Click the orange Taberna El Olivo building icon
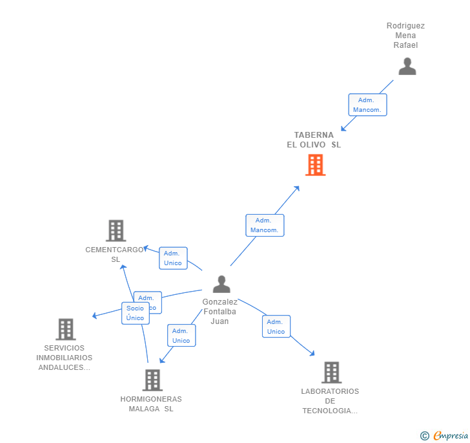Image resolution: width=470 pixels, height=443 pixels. tap(315, 165)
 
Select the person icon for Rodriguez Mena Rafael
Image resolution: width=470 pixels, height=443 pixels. tap(407, 67)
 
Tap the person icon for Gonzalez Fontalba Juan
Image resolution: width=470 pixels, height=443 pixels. tap(221, 285)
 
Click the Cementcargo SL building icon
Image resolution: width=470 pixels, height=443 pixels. tap(116, 230)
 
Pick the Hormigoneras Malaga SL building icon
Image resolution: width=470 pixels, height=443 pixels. tap(152, 380)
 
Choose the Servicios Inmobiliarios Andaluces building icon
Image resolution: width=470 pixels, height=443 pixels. tap(65, 329)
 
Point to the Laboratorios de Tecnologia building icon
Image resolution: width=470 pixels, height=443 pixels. tap(331, 373)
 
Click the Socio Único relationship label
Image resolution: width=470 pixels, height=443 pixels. tap(136, 313)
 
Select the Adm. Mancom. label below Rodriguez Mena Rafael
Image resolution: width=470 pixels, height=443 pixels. tap(367, 105)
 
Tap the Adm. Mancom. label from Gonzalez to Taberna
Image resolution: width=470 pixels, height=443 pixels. tap(264, 225)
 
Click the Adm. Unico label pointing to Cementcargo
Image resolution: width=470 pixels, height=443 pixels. tap(173, 258)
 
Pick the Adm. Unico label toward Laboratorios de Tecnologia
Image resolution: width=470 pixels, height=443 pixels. tap(276, 327)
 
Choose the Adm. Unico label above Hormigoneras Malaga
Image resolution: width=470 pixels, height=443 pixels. tap(181, 336)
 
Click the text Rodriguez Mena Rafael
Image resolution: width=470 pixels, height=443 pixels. tap(405, 36)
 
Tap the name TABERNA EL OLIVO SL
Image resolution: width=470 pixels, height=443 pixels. tap(314, 140)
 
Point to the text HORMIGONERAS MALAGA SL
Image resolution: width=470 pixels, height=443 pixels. tap(151, 404)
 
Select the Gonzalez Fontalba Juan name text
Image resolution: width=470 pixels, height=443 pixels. tap(220, 312)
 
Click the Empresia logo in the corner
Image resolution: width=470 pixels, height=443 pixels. tap(445, 435)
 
